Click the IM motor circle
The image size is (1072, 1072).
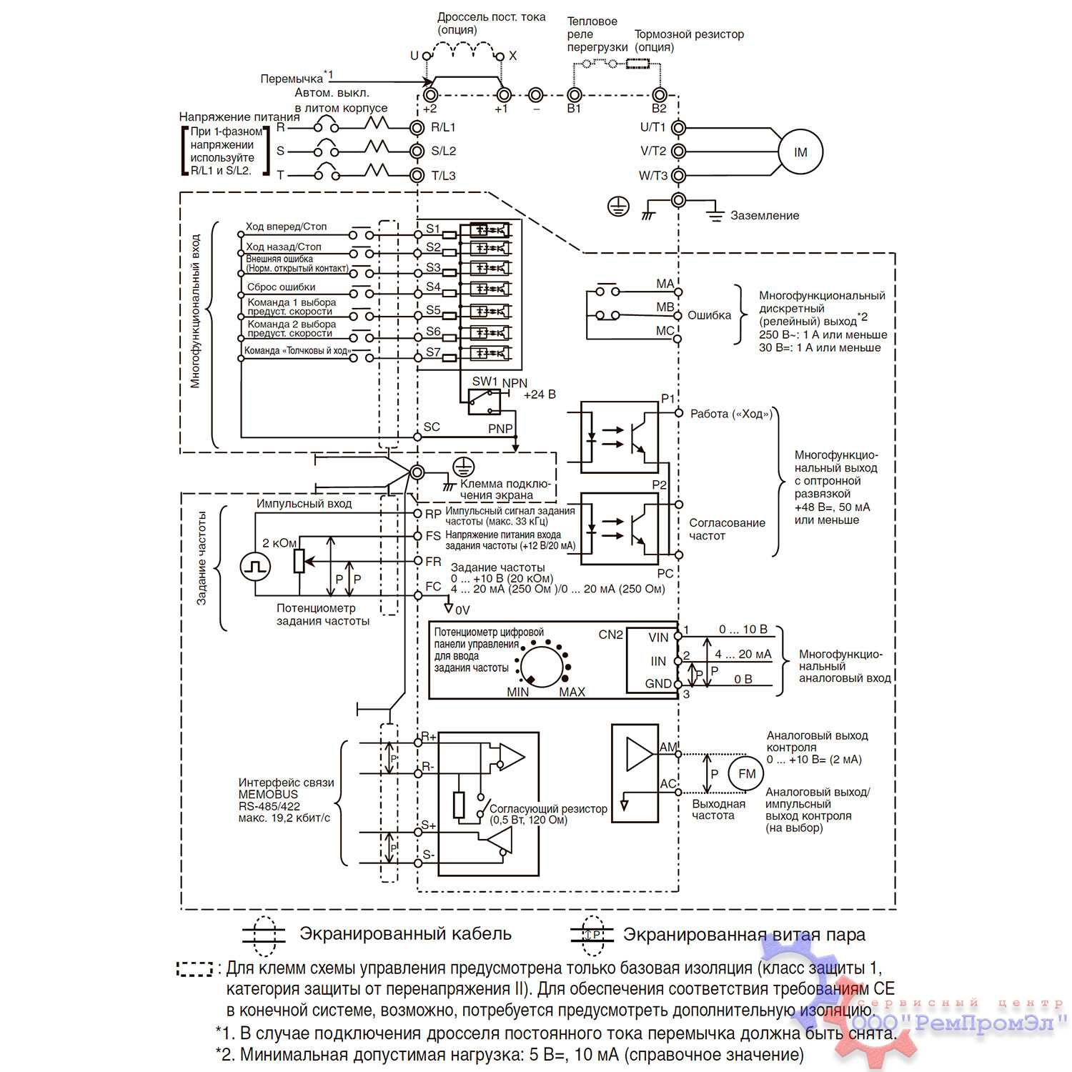coord(800,152)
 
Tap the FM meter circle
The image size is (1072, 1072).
coord(746,774)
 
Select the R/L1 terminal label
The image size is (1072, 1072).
coord(443,127)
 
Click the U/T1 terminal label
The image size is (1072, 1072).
coord(652,127)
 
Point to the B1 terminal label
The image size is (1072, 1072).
coord(574,109)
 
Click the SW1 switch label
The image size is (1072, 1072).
coord(485,382)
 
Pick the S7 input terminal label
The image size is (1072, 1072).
coord(433,352)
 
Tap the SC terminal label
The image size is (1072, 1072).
coord(432,427)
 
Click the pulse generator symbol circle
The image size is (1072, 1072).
coord(256,567)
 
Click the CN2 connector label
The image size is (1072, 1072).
coord(610,635)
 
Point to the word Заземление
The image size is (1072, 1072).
coord(764,215)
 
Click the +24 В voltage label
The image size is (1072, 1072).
coord(540,394)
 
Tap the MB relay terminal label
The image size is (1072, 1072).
coord(665,307)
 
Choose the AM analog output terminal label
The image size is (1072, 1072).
coord(668,747)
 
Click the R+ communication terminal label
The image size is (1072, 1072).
coord(429,737)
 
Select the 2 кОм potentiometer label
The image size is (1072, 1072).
coord(279,543)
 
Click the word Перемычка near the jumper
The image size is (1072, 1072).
coord(292,79)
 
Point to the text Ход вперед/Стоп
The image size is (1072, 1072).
coord(286,227)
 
